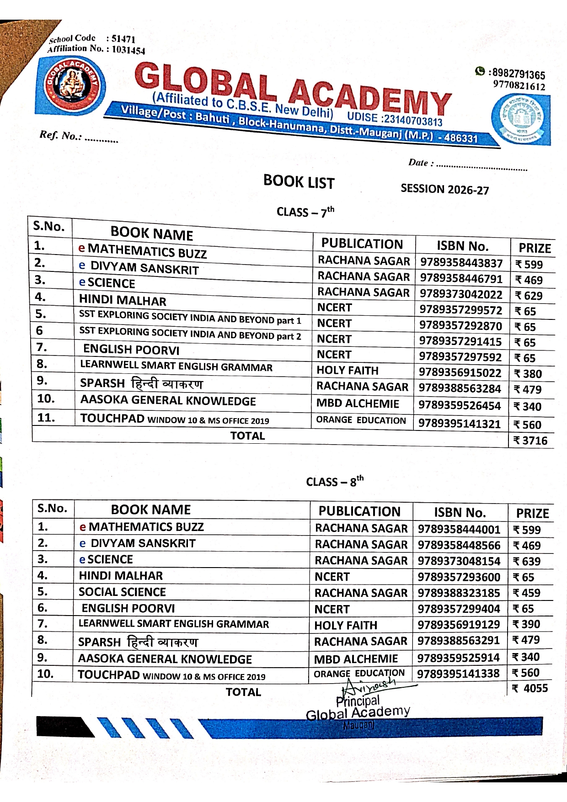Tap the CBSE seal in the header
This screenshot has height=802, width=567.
pyautogui.click(x=520, y=120)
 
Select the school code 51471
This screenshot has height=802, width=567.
pyautogui.click(x=123, y=39)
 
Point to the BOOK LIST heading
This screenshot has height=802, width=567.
pyautogui.click(x=299, y=182)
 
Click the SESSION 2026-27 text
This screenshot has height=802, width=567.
pyautogui.click(x=444, y=189)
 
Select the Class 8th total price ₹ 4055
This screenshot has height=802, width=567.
pyautogui.click(x=530, y=688)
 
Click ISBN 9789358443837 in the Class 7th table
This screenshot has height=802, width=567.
pyautogui.click(x=461, y=263)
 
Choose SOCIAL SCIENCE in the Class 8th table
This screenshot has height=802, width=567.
pyautogui.click(x=122, y=592)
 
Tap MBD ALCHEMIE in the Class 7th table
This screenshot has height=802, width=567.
pyautogui.click(x=358, y=404)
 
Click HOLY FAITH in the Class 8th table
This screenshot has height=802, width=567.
pyautogui.click(x=346, y=625)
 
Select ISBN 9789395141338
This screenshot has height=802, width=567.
pyautogui.click(x=458, y=674)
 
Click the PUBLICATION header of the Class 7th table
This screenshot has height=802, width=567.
pyautogui.click(x=362, y=244)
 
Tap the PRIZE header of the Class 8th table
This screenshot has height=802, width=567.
pyautogui.click(x=532, y=513)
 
